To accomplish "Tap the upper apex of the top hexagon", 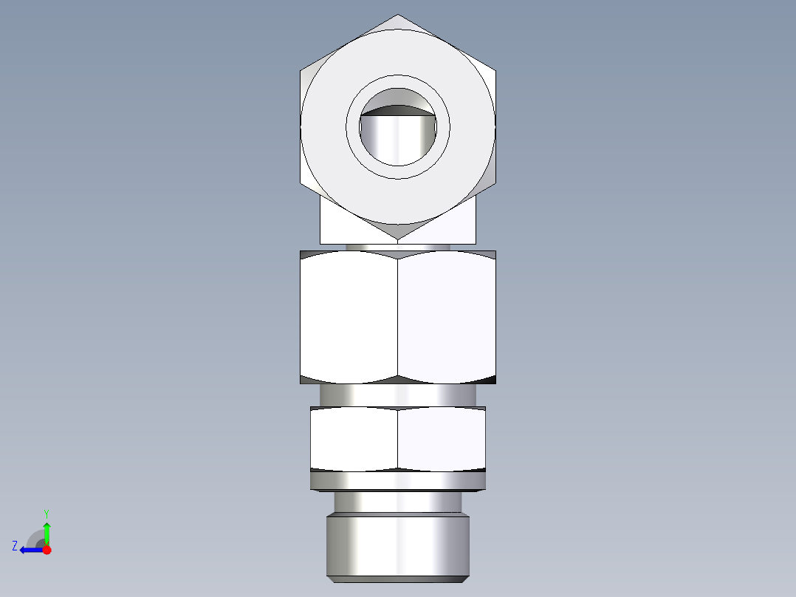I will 397,16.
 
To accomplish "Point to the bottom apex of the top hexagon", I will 397,239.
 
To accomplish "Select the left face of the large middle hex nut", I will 349,316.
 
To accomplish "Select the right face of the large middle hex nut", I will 446,316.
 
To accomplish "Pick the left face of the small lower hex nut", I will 354,438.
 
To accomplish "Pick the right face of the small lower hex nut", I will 441,438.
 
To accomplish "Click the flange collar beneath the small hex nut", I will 397,482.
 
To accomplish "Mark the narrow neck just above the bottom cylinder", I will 397,502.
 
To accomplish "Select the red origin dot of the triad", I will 47,550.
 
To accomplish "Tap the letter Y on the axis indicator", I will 46,513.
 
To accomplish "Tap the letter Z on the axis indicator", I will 15,546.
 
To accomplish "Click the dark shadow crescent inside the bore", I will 397,111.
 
